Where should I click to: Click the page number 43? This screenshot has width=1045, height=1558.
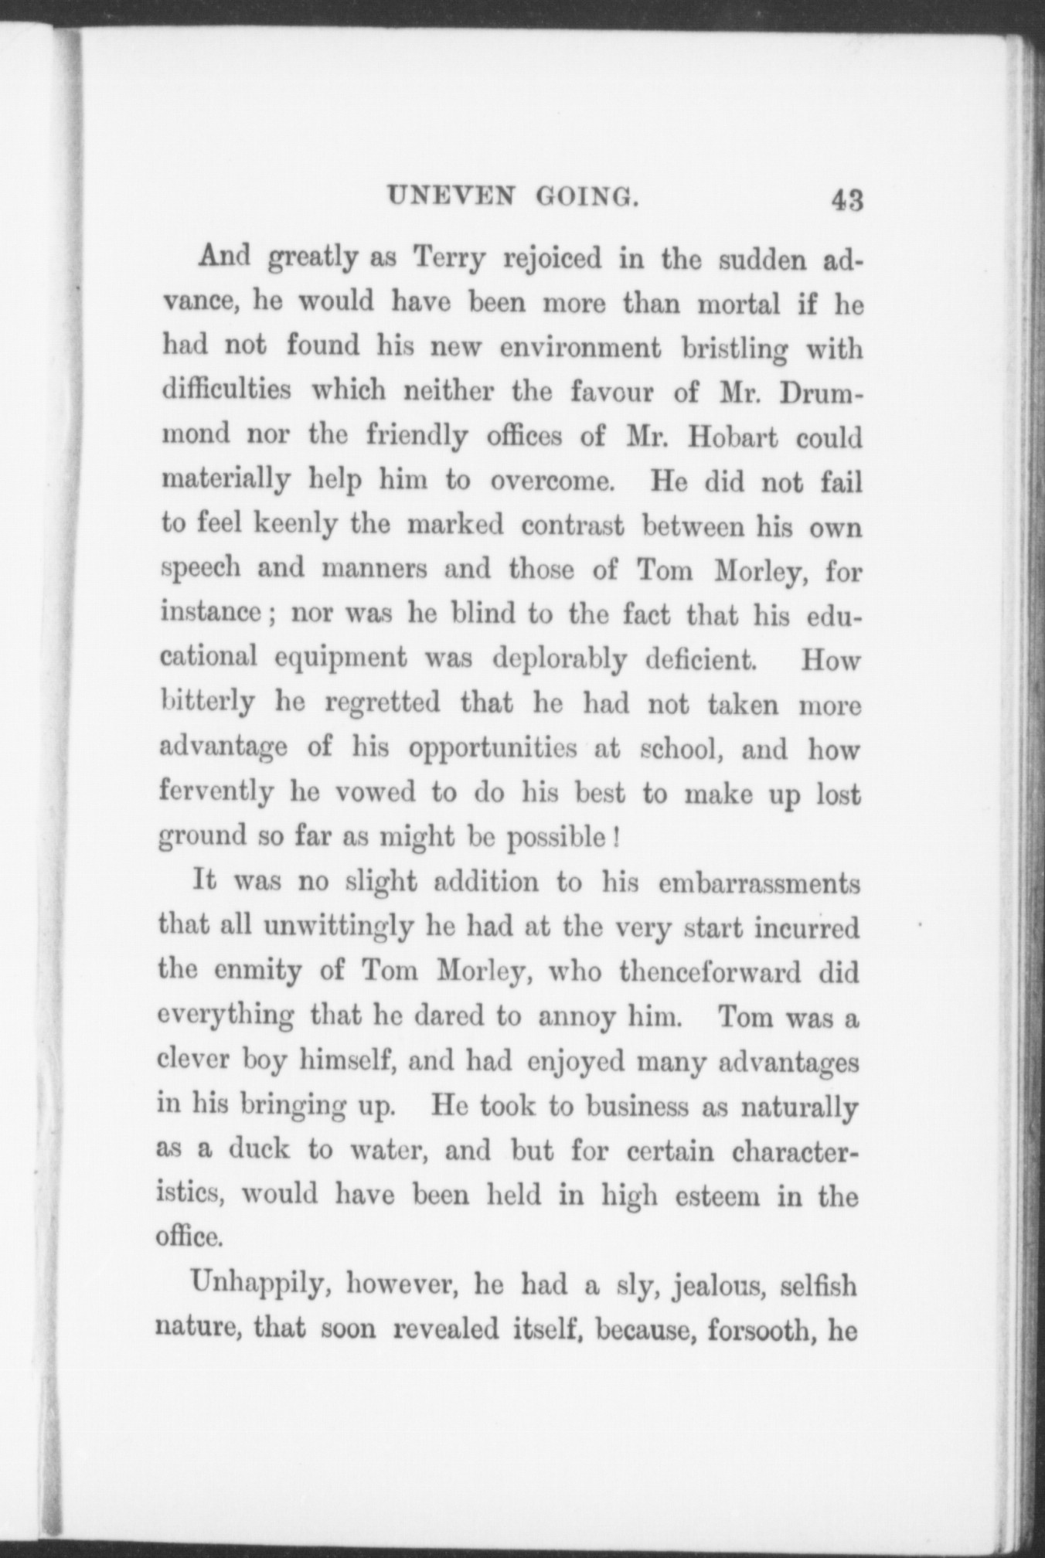point(846,202)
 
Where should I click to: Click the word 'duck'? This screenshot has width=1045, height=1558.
point(259,1149)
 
